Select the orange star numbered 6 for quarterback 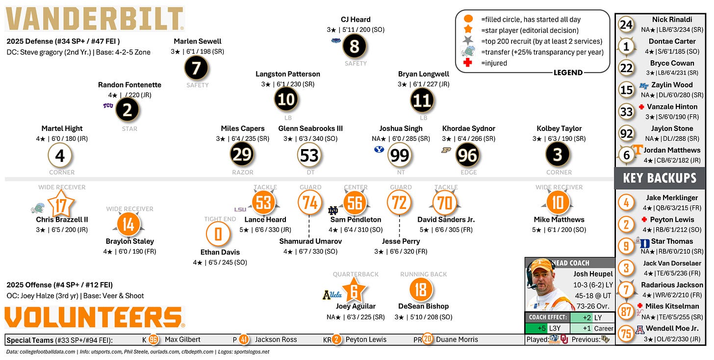[354, 291]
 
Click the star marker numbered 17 [61, 205]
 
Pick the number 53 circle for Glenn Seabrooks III [309, 155]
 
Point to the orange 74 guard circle [310, 202]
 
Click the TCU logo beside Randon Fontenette [108, 106]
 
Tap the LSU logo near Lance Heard [240, 209]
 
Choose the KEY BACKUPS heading [660, 178]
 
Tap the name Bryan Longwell [423, 74]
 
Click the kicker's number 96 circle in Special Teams [153, 339]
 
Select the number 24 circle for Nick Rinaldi [627, 25]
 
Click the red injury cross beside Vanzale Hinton [641, 107]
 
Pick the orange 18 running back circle [421, 290]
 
